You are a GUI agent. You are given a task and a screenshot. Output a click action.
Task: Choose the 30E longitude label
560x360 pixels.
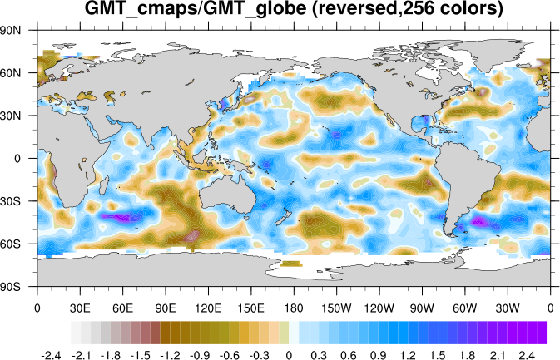(80, 307)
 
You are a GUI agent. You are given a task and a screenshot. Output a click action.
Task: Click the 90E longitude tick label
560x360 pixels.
(166, 307)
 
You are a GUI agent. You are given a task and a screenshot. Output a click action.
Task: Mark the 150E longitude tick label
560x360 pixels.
(251, 307)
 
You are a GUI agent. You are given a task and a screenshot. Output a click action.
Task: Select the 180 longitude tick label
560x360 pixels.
(294, 307)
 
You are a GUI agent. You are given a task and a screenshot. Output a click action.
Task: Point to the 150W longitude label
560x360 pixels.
(337, 307)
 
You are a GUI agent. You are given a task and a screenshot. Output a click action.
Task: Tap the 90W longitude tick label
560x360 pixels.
(423, 307)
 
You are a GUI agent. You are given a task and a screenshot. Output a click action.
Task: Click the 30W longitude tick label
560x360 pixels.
(508, 307)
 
